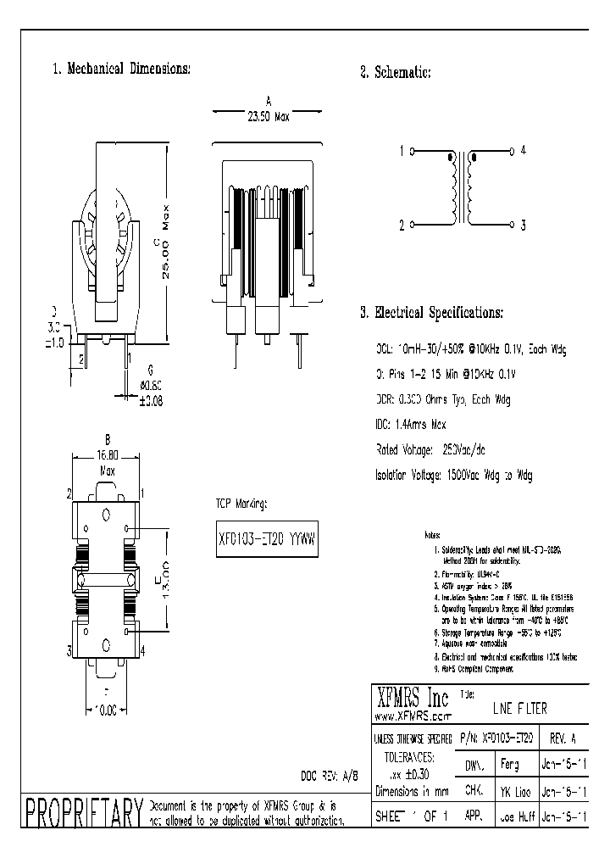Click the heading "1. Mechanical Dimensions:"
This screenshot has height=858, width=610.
(x=122, y=69)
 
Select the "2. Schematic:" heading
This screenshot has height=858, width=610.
(x=396, y=73)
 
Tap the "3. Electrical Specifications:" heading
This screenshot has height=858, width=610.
(x=431, y=313)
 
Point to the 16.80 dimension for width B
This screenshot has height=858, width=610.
(x=108, y=453)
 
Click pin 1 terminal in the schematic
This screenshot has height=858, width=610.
(x=412, y=153)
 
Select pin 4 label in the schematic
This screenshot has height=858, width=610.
(x=524, y=150)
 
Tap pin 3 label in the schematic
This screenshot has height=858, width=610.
(x=524, y=225)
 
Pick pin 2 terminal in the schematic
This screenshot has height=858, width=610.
(x=412, y=226)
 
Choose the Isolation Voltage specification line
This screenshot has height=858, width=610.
(x=454, y=476)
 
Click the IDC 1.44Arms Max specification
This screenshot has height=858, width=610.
(x=411, y=425)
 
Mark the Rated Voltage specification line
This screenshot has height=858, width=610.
(x=428, y=450)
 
